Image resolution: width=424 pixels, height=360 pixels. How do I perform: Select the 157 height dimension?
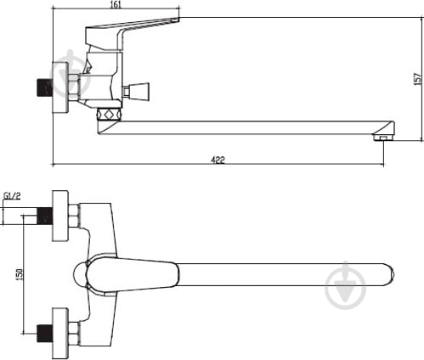[416, 79]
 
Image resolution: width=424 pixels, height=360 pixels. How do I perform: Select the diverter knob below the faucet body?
[110, 112]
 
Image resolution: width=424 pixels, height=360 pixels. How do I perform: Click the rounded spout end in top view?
[387, 274]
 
